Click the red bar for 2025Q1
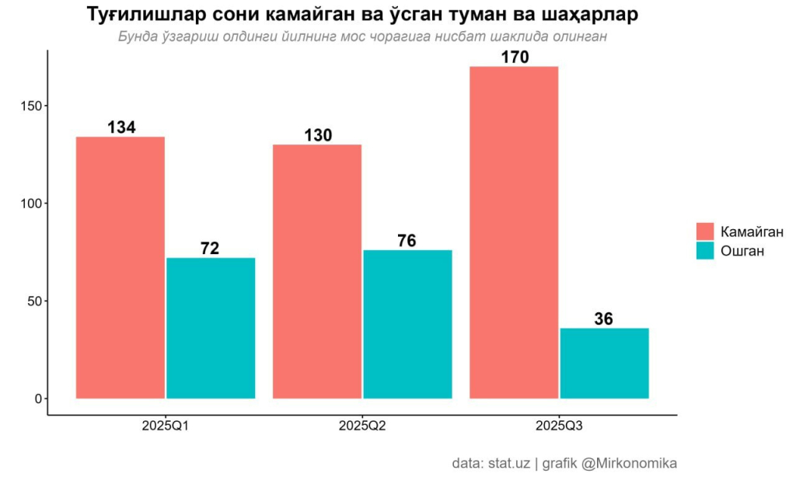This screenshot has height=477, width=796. pyautogui.click(x=120, y=267)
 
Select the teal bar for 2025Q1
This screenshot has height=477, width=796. pyautogui.click(x=211, y=328)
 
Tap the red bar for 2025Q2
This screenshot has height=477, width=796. pyautogui.click(x=317, y=271)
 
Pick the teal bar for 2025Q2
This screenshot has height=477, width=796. pyautogui.click(x=407, y=324)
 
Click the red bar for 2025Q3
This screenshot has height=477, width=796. pyautogui.click(x=514, y=232)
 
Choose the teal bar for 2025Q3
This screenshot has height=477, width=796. pyautogui.click(x=604, y=363)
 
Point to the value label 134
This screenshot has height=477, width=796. pyautogui.click(x=121, y=127)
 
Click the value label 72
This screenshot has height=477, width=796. pyautogui.click(x=210, y=249)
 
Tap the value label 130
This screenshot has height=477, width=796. pyautogui.click(x=317, y=135)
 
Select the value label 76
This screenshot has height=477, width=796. pyautogui.click(x=407, y=241)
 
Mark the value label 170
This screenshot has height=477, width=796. pyautogui.click(x=514, y=57)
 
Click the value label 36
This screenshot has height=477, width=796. pyautogui.click(x=603, y=319)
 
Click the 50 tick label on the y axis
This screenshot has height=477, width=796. pyautogui.click(x=34, y=301)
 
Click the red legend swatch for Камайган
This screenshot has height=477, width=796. pyautogui.click(x=705, y=232)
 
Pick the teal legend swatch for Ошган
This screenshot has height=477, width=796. pyautogui.click(x=705, y=251)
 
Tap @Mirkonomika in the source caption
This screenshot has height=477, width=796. pyautogui.click(x=629, y=463)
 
